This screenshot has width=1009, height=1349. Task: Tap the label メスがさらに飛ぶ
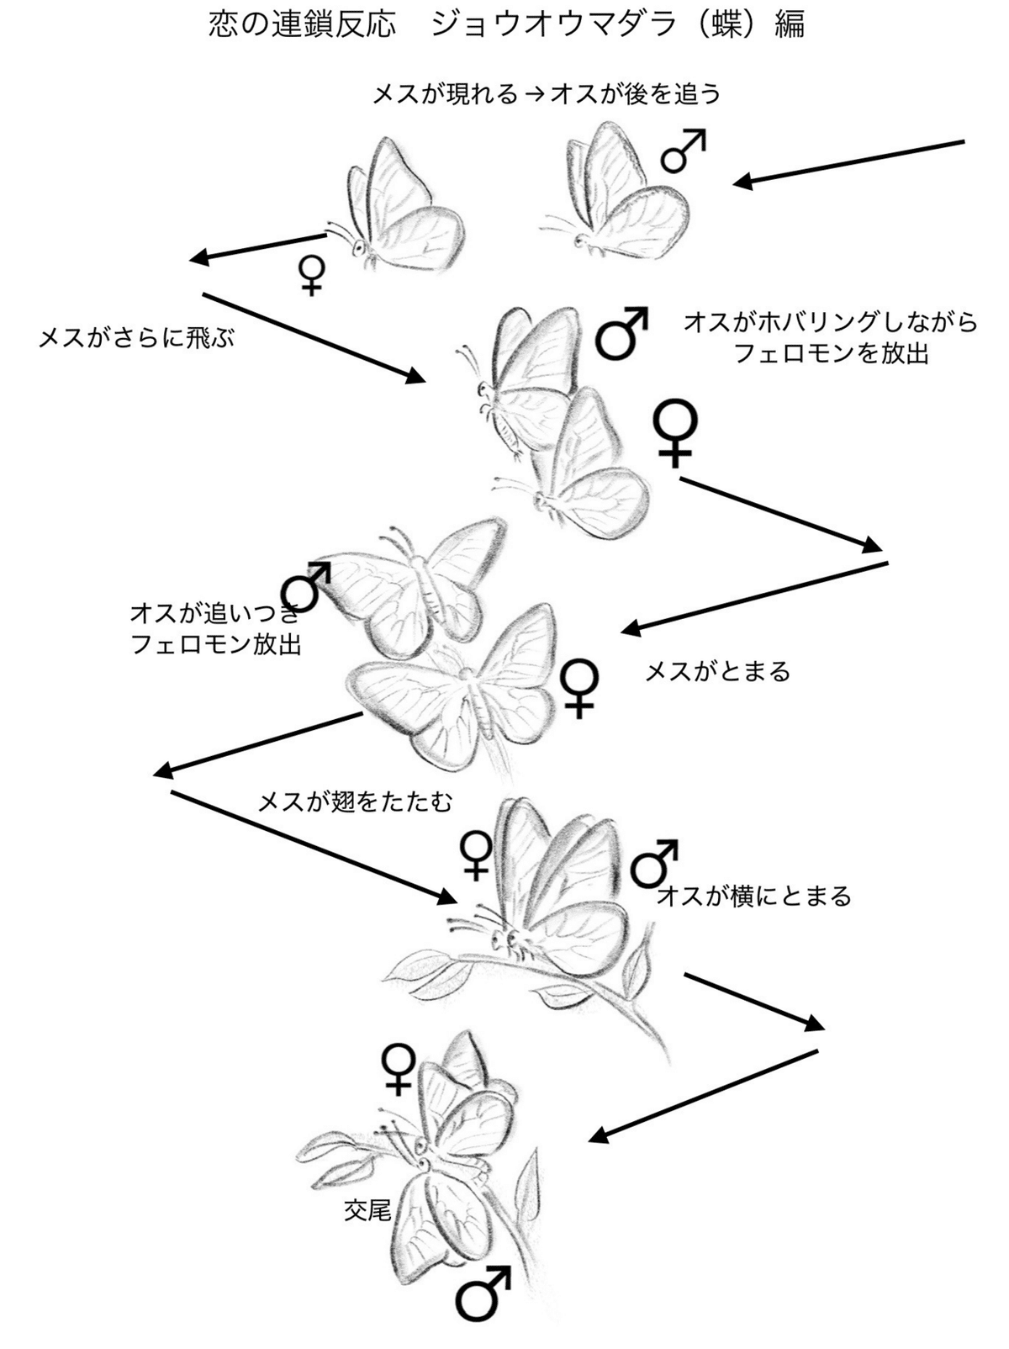(x=136, y=338)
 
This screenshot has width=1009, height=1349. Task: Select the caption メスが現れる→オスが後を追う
(x=547, y=94)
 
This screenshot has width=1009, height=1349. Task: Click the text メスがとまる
(x=717, y=671)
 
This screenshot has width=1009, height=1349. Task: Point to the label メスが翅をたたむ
(x=354, y=801)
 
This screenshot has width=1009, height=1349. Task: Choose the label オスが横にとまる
(x=754, y=896)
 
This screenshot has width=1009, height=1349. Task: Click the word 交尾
(x=367, y=1210)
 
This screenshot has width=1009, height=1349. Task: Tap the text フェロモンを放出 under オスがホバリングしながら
(x=831, y=353)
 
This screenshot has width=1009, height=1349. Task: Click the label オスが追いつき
(x=214, y=612)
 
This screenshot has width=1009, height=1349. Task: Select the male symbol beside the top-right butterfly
(x=682, y=151)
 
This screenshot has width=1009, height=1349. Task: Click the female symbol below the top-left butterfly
(x=311, y=275)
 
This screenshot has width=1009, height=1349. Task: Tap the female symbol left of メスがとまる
(x=578, y=688)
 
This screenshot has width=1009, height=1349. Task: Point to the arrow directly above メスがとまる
(x=754, y=596)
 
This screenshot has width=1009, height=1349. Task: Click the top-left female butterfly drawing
(x=403, y=209)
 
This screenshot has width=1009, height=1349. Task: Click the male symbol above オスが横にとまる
(x=653, y=862)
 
